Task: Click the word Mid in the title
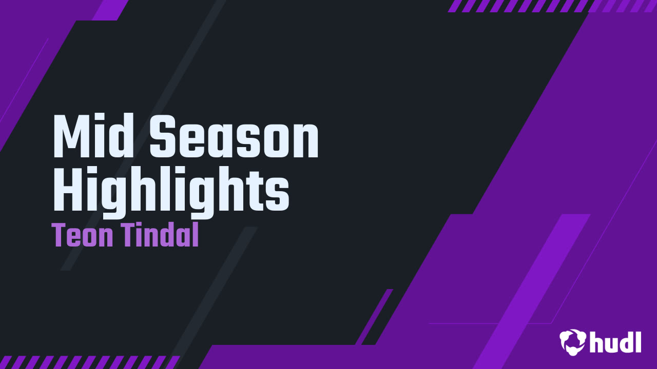pyautogui.click(x=94, y=137)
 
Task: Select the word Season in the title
pyautogui.click(x=234, y=137)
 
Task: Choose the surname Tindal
pyautogui.click(x=161, y=236)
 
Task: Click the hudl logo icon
pyautogui.click(x=572, y=342)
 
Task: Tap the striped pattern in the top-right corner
pyautogui.click(x=552, y=6)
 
